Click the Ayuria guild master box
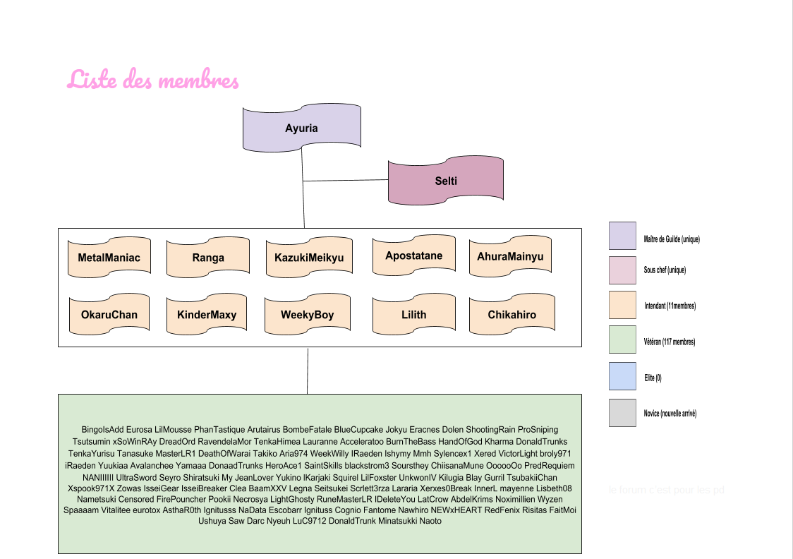point(301,128)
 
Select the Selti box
point(446,181)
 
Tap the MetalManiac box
point(109,258)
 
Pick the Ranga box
point(208,258)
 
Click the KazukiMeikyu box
point(308,258)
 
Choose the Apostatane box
point(414,256)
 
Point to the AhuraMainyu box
point(510,256)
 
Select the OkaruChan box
point(109,315)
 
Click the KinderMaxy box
point(207,315)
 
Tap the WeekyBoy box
point(307,315)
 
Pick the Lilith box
point(414,315)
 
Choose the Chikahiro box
point(511,315)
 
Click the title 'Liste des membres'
point(153,80)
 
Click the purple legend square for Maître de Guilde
point(622,236)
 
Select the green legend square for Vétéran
point(622,339)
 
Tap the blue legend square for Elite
point(622,375)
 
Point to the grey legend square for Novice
point(622,413)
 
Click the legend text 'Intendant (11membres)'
point(670,306)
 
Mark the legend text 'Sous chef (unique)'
point(665,270)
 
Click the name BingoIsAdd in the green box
point(102,429)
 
